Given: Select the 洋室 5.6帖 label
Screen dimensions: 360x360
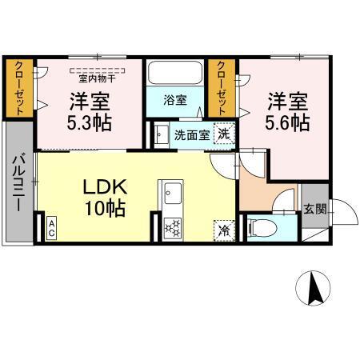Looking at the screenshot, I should (x=287, y=113).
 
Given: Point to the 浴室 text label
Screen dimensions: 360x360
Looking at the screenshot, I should (x=175, y=101).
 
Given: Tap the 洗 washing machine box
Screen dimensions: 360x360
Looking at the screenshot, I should (x=226, y=134).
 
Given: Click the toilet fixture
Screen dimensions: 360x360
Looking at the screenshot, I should (x=260, y=227).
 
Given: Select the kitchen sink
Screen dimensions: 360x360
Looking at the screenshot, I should (x=173, y=192).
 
